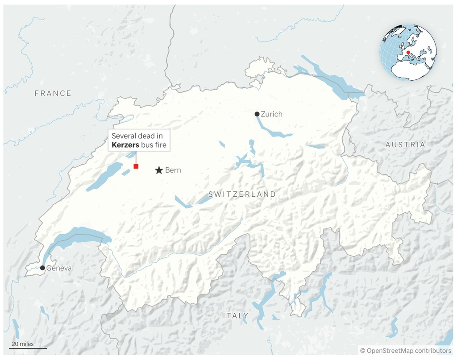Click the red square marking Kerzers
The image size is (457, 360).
(136, 166)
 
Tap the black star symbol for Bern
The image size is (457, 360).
(159, 170)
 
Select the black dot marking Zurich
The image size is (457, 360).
(257, 114)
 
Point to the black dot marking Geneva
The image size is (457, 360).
(42, 268)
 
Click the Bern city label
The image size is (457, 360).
(173, 170)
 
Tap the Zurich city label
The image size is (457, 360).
(272, 114)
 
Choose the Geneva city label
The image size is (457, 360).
(59, 268)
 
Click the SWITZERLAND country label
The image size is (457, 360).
(242, 194)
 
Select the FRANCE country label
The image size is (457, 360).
(53, 93)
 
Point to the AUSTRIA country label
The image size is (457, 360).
(405, 145)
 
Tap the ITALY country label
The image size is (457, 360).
(236, 316)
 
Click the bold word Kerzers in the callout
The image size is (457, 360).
(125, 145)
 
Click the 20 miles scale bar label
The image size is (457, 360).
(22, 343)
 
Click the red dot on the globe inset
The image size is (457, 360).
(408, 52)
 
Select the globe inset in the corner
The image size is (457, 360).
(408, 52)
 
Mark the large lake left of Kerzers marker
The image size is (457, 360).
(104, 176)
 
